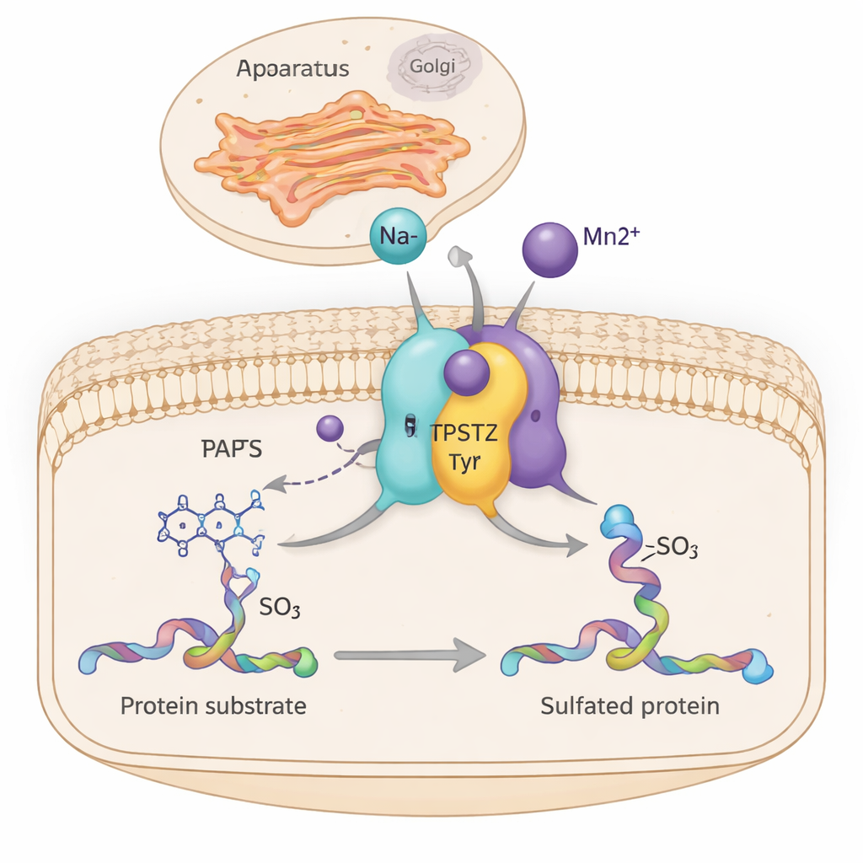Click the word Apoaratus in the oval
pos(292,70)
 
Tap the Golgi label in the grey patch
pos(432,66)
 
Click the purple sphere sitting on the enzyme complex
pos(466,373)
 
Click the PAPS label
pos(231,449)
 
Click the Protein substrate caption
pos(213,705)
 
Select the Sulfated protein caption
pos(630,705)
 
